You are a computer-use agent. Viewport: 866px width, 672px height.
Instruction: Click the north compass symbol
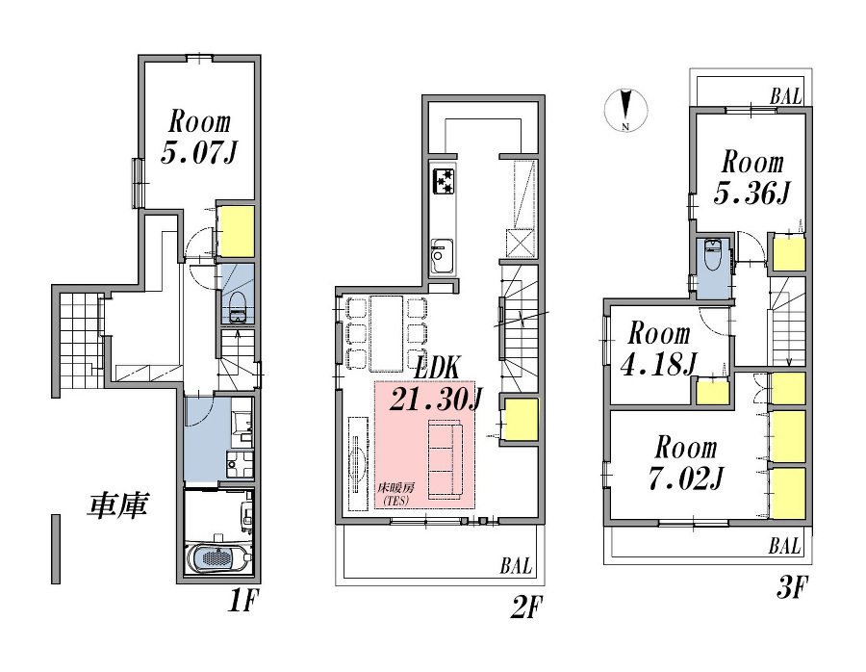pos(625,110)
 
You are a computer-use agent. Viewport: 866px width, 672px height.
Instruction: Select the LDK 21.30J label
pos(436,385)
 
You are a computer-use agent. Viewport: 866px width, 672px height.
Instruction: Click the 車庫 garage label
pos(117,504)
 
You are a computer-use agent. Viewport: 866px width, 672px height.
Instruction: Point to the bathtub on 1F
pos(219,557)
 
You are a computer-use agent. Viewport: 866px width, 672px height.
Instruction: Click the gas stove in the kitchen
pos(444,181)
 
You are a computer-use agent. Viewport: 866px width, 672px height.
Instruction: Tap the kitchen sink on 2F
pos(443,256)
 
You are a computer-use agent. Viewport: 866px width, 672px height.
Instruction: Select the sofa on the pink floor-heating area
pos(446,457)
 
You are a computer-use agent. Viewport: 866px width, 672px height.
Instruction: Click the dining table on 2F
pos(387,334)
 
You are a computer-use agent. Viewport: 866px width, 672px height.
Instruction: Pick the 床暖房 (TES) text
pos(395,494)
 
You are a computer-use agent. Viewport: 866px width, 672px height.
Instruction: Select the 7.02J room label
pos(686,463)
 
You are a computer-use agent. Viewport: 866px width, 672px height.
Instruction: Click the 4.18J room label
pos(659,349)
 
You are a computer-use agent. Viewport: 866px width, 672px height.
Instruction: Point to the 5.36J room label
pos(752,178)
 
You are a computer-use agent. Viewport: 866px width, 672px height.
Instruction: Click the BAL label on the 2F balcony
pos(517,566)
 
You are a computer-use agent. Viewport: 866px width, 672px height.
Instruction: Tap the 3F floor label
pos(793,587)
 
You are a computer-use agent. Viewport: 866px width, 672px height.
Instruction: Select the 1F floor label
pos(242,601)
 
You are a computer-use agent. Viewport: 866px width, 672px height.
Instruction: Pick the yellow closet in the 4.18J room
pos(712,393)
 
